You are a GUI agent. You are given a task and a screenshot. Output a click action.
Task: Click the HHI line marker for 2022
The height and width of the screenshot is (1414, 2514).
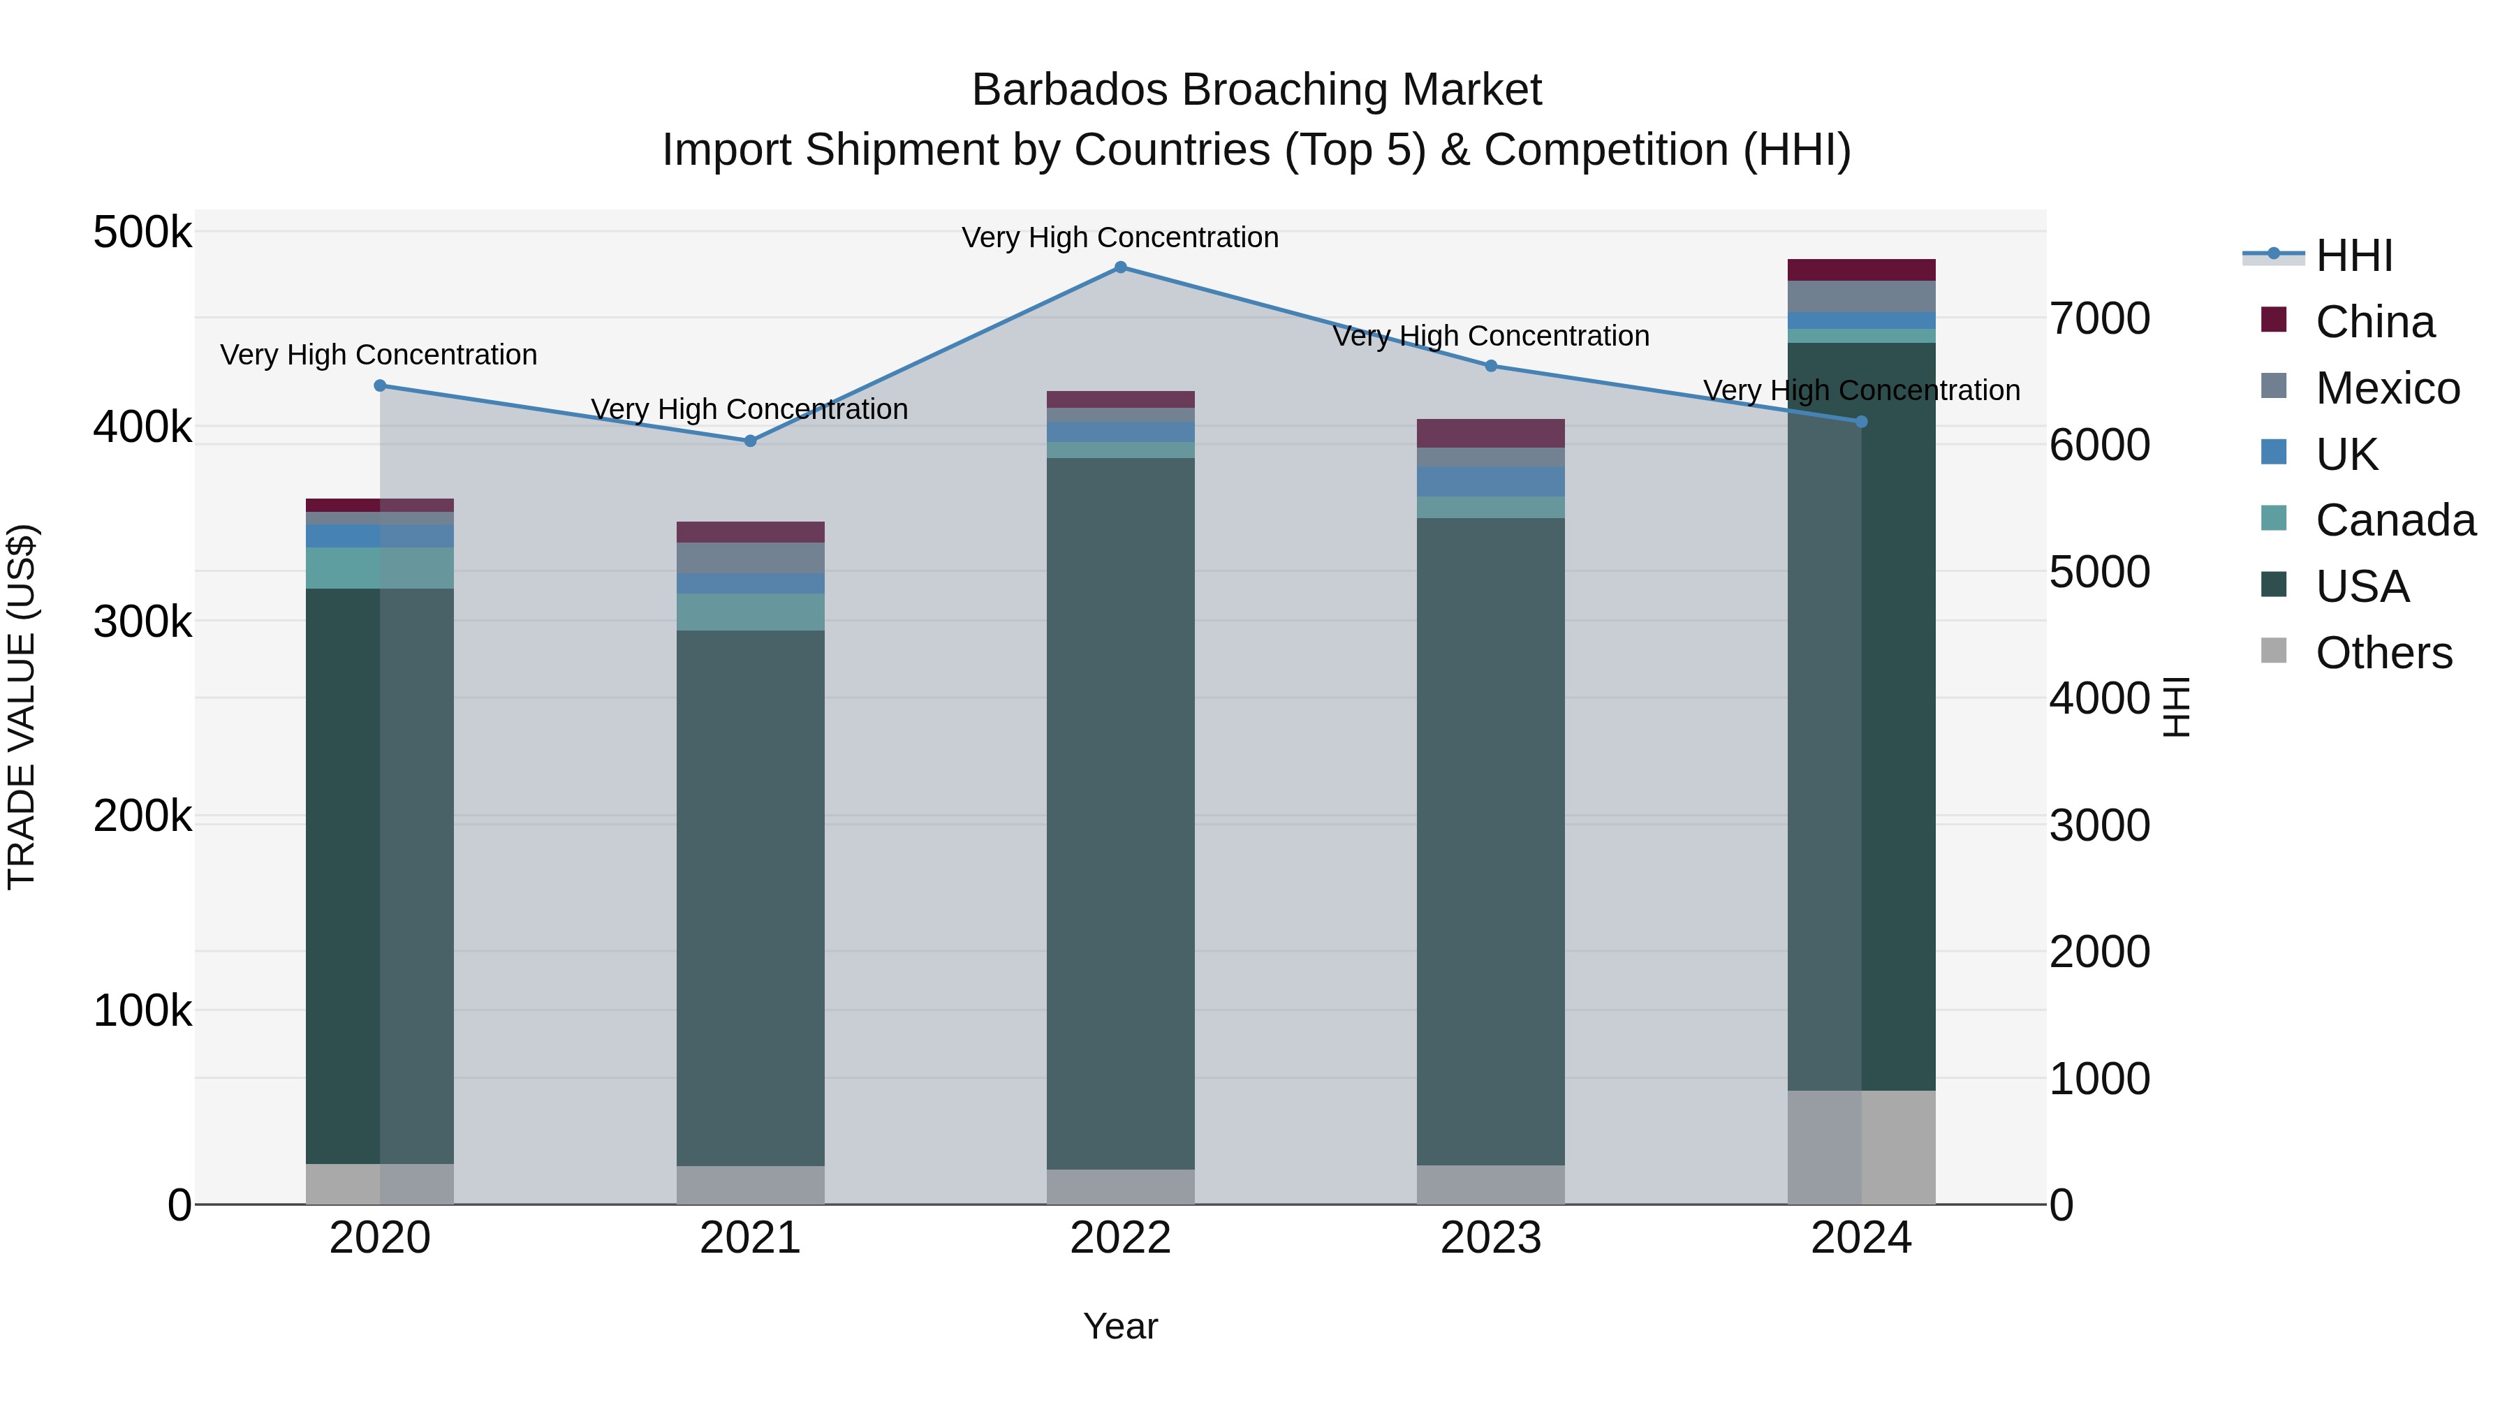1120,267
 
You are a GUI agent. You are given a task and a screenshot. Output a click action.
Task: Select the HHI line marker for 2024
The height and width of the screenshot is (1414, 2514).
1861,422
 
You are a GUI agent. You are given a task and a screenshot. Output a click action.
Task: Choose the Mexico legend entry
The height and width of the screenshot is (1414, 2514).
2386,388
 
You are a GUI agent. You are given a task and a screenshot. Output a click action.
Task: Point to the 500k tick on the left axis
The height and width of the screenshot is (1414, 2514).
142,233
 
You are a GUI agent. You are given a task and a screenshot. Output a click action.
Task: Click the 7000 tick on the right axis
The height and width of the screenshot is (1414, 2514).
2099,319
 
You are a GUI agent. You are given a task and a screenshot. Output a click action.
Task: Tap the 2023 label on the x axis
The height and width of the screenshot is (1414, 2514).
1490,1238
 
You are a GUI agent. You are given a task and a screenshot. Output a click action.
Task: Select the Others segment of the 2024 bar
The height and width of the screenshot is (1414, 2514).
1861,1147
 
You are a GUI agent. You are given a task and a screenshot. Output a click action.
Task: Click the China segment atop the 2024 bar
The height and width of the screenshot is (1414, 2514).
1861,270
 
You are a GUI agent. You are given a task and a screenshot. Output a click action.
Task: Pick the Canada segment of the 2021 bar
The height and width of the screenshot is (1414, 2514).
751,612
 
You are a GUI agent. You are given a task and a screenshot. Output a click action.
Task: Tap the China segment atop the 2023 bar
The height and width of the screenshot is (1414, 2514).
1490,433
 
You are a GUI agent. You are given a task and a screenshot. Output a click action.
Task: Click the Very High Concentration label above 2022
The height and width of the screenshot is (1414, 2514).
1120,238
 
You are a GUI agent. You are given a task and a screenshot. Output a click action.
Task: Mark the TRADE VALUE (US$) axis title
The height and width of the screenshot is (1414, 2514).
22,707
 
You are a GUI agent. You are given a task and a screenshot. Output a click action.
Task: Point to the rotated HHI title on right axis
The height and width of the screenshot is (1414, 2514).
2176,707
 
